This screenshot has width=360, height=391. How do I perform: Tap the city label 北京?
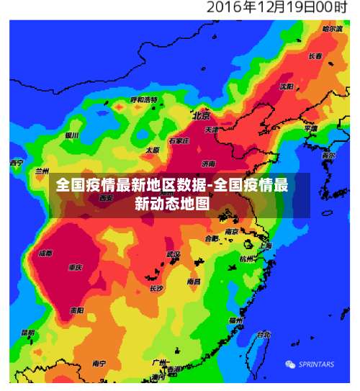[x=201, y=115]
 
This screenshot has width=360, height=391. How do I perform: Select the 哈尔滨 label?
[x=333, y=29]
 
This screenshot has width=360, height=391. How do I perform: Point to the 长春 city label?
[x=315, y=55]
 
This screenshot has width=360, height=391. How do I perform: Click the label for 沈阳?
[x=287, y=86]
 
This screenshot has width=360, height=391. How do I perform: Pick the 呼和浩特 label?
[x=144, y=99]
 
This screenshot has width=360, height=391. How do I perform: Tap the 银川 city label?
[x=71, y=135]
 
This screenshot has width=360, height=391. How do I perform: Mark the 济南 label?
[x=209, y=163]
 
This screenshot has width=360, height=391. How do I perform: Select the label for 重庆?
[x=75, y=267]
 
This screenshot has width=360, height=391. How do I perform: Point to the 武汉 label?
[x=173, y=254]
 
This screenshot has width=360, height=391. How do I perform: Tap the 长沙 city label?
[x=157, y=288]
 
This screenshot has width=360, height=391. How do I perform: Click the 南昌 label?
[x=194, y=282]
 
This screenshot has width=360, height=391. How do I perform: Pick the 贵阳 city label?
[x=76, y=310]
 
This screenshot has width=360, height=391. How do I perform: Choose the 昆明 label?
[x=27, y=333]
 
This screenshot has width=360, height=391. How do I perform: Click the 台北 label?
[x=264, y=334]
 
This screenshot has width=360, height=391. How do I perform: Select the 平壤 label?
[x=310, y=128]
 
